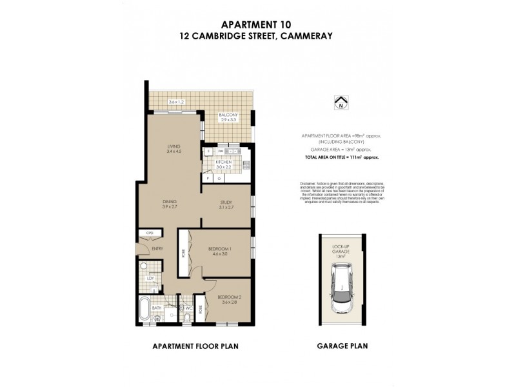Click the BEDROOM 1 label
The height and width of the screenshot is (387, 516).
tap(221, 251)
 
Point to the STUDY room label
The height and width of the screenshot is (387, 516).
tap(226, 205)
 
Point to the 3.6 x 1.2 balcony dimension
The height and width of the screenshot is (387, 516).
tap(175, 102)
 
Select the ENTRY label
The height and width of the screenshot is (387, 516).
tap(157, 249)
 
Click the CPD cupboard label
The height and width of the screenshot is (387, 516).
tap(149, 233)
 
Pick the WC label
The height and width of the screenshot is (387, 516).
tap(190, 308)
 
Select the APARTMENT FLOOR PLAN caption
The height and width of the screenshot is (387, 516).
tap(195, 346)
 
